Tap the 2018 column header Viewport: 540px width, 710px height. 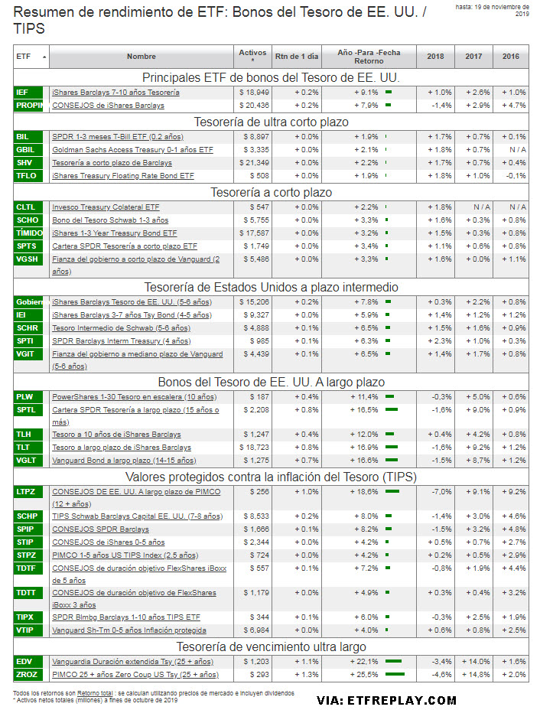[435, 57]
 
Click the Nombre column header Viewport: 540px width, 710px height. [142, 57]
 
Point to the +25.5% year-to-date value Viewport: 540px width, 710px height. [365, 674]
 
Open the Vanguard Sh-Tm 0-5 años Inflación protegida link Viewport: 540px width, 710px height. [128, 630]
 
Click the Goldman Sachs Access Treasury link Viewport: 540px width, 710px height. [132, 150]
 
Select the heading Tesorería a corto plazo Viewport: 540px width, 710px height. [271, 192]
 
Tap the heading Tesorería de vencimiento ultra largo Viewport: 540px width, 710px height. [271, 646]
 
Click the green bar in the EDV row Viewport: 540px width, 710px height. [394, 661]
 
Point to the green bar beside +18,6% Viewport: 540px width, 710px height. [393, 491]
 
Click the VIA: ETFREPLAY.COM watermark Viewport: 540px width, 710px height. [387, 699]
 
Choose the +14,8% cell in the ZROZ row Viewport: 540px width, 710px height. [473, 674]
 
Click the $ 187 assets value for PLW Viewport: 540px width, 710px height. [259, 397]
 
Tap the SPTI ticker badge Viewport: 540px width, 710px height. [24, 340]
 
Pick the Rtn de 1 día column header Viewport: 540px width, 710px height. [296, 57]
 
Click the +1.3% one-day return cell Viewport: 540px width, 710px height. [307, 674]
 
